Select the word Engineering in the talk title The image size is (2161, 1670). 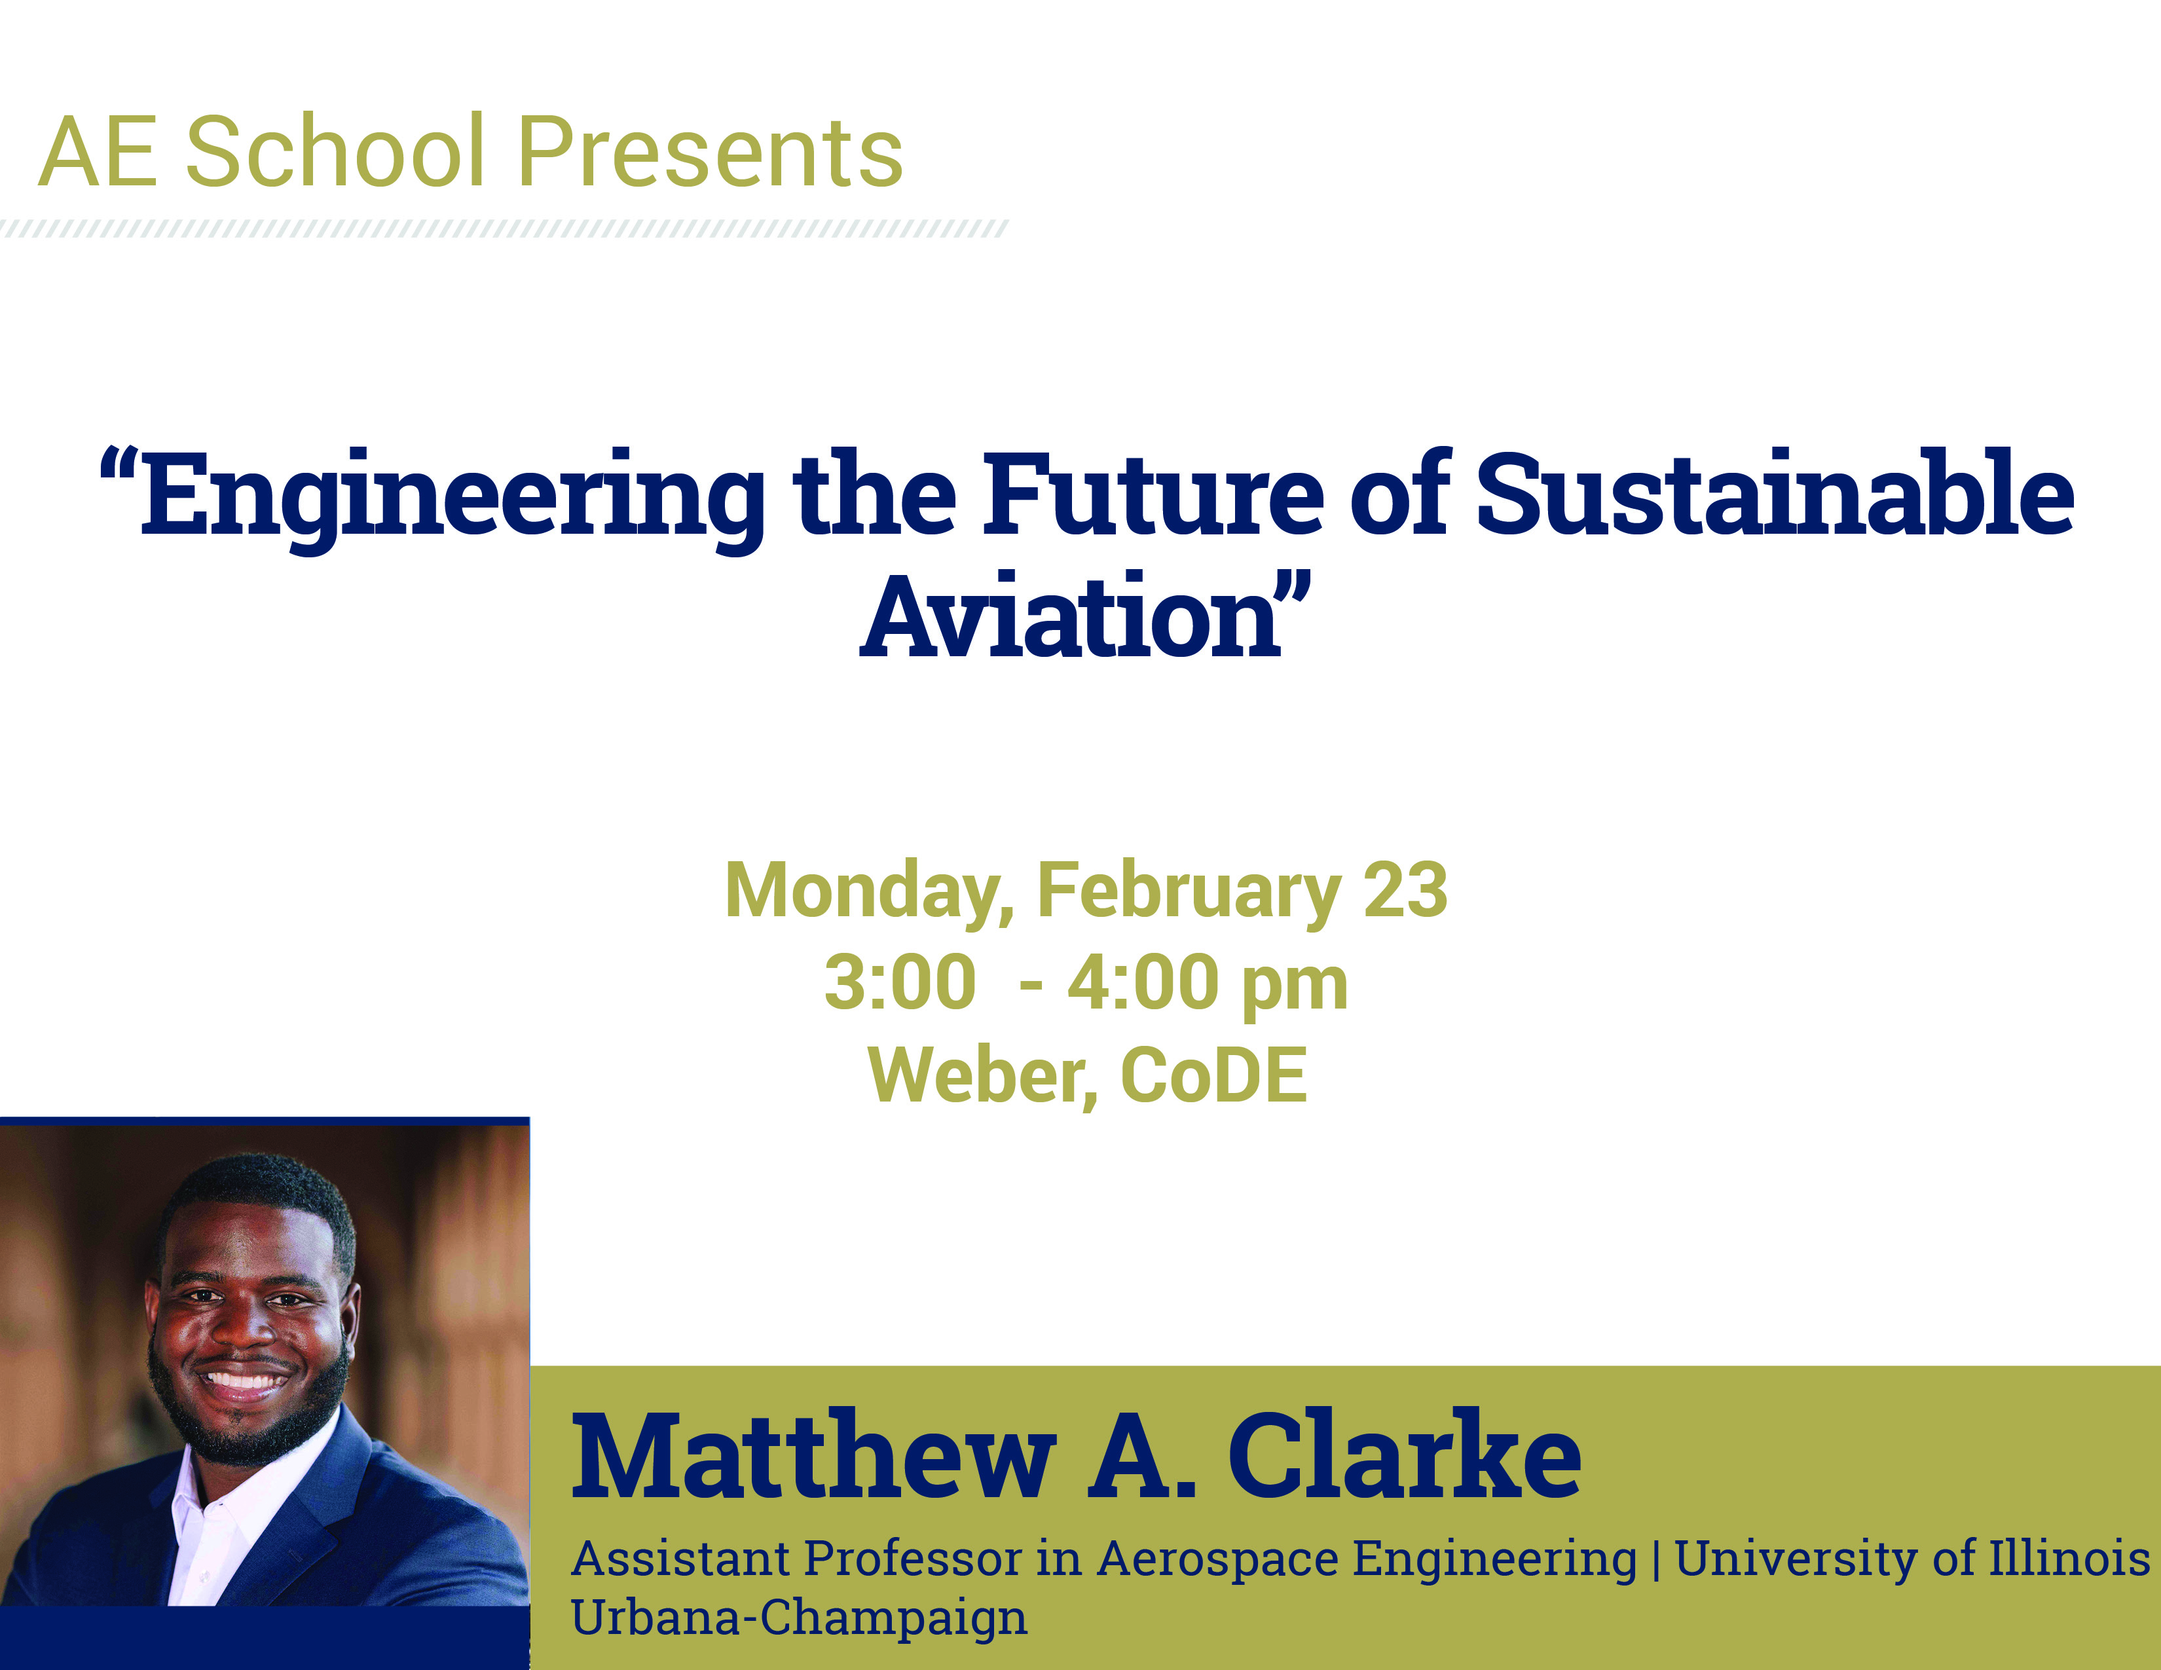pyautogui.click(x=451, y=500)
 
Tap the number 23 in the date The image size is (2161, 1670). pyautogui.click(x=1406, y=891)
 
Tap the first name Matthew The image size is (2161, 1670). pyautogui.click(x=813, y=1457)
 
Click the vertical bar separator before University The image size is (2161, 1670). pyautogui.click(x=1655, y=1559)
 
